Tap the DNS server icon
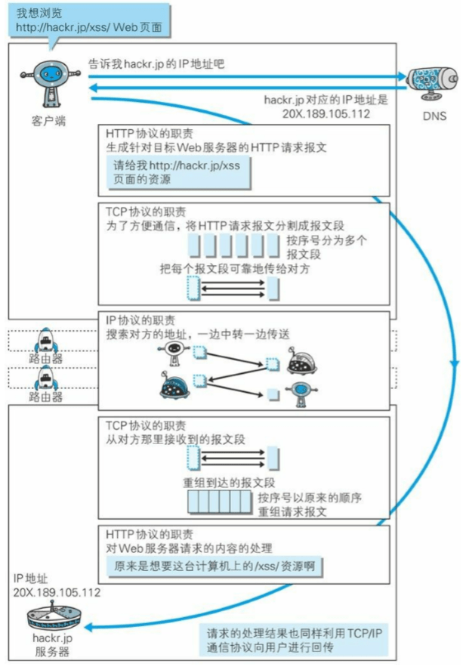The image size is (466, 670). pyautogui.click(x=432, y=82)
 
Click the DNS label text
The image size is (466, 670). pyautogui.click(x=434, y=116)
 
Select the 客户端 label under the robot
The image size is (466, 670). pyautogui.click(x=48, y=121)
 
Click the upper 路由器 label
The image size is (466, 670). pyautogui.click(x=46, y=359)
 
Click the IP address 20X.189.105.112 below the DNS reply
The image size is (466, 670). pyautogui.click(x=326, y=113)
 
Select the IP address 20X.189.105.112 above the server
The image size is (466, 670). pyautogui.click(x=57, y=592)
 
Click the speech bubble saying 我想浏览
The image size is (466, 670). pyautogui.click(x=89, y=20)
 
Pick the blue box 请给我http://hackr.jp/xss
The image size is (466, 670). pyautogui.click(x=178, y=172)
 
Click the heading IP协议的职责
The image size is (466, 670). pyautogui.click(x=140, y=320)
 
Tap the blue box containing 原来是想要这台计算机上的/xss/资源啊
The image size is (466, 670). pyautogui.click(x=214, y=567)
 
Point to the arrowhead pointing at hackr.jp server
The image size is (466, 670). pyautogui.click(x=88, y=627)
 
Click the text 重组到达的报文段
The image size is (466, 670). pyautogui.click(x=229, y=483)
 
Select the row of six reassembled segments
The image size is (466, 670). pyautogui.click(x=220, y=502)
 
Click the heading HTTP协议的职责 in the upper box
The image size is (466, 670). pyautogui.click(x=150, y=133)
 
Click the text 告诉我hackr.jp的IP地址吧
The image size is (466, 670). pyautogui.click(x=156, y=64)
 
